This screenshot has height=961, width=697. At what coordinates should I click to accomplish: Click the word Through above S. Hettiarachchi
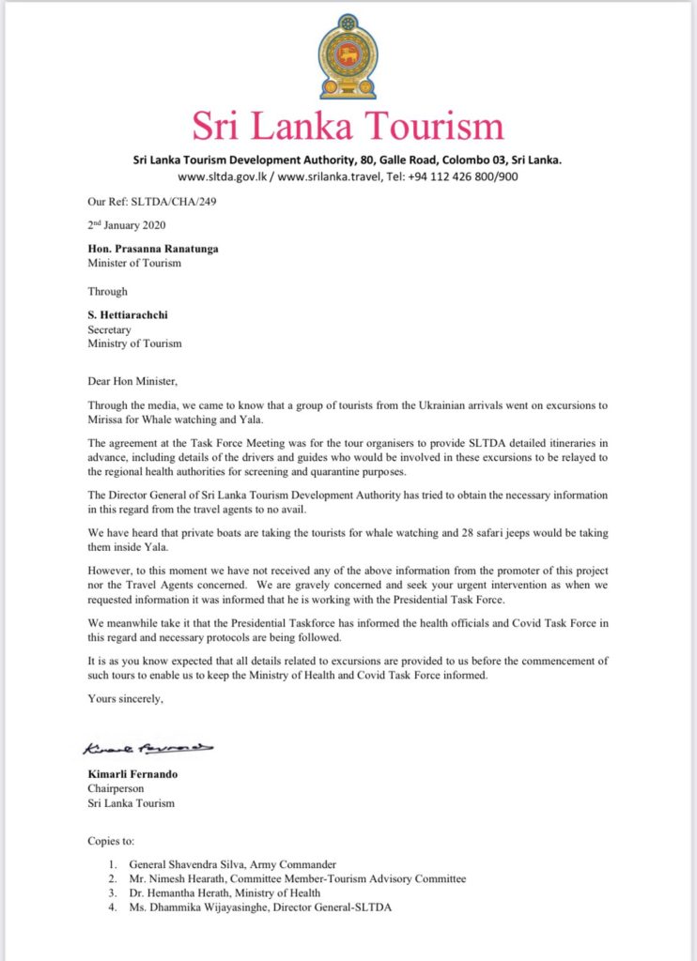point(107,291)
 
